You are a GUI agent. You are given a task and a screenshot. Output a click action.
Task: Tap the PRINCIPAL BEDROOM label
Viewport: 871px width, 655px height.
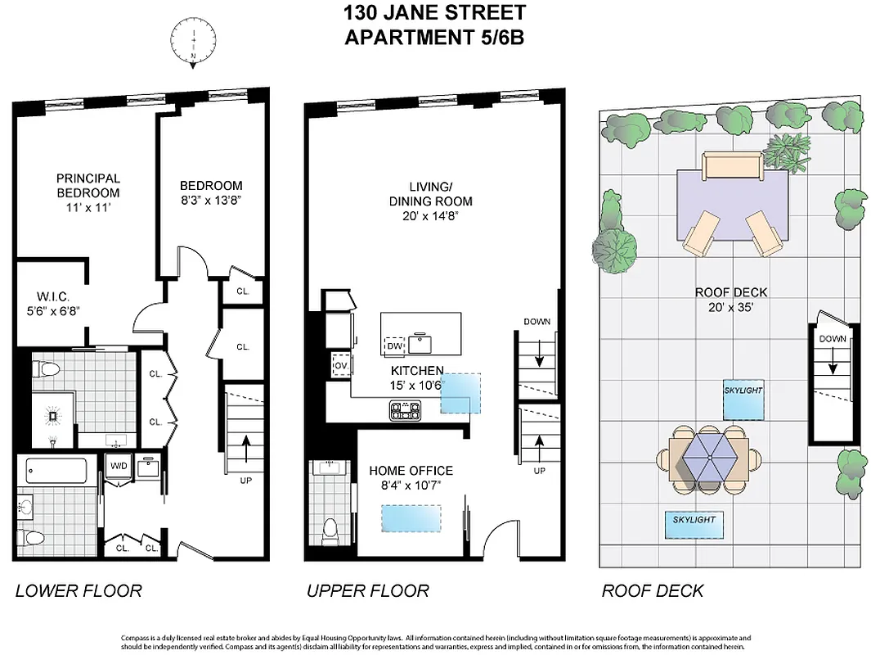88,185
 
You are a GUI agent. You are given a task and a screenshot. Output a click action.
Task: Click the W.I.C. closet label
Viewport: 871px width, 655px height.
50,303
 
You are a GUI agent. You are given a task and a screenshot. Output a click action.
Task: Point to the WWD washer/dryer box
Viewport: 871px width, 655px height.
119,466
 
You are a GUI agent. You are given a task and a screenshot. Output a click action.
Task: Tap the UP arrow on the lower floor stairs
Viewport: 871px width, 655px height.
245,449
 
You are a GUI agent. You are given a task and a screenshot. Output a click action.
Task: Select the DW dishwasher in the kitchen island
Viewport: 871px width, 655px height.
395,346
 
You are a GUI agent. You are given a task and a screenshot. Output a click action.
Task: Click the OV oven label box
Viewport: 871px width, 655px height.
339,364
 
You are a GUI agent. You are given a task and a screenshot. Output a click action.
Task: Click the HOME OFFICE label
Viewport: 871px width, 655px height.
411,471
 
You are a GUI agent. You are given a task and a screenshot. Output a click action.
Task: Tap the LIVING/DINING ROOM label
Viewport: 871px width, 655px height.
430,193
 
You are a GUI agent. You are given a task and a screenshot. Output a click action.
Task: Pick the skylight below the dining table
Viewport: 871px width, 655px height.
694,524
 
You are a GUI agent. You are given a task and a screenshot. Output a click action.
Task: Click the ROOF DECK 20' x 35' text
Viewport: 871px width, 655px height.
731,299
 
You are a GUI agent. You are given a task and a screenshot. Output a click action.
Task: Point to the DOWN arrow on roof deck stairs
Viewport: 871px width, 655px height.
833,361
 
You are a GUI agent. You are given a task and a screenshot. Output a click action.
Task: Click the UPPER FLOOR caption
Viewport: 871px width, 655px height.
367,590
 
